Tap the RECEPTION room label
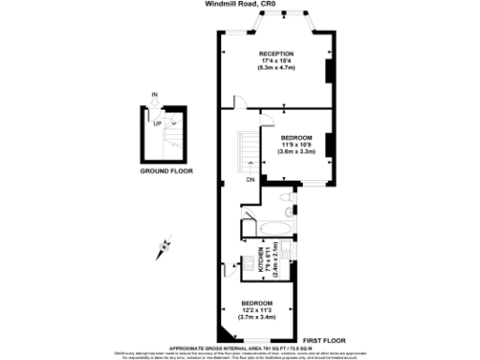tap(277, 53)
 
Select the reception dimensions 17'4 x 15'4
tap(277, 62)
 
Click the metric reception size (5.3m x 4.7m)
tap(277, 69)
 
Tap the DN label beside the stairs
tap(250, 180)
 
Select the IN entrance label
tap(155, 94)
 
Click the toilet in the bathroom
tap(287, 199)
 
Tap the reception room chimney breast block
tap(327, 72)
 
